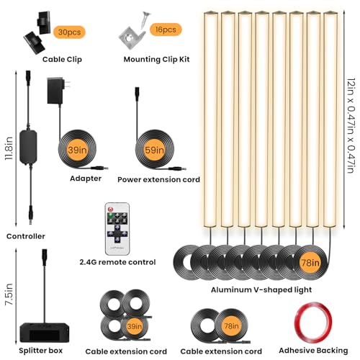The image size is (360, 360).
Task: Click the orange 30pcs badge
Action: [69, 32]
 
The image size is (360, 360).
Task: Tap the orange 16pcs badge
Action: [166, 30]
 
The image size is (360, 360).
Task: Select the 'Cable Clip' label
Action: [62, 60]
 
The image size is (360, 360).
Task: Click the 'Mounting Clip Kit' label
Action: [156, 59]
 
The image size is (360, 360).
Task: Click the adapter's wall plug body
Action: [55, 91]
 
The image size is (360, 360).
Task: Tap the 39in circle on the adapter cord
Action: [77, 150]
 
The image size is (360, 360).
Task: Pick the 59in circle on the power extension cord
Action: [154, 150]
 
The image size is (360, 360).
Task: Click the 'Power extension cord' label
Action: [158, 179]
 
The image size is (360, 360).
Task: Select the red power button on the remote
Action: [111, 209]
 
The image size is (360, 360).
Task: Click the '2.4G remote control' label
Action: [117, 262]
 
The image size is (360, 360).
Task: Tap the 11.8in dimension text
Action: [9, 148]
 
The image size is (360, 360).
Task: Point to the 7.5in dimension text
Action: [9, 294]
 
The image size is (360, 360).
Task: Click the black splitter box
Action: [45, 333]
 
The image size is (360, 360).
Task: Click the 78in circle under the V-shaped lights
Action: [310, 263]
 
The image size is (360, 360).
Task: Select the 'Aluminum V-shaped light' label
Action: [261, 290]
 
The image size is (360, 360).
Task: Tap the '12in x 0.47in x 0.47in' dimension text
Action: [351, 125]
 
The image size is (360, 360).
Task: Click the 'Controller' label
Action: [26, 236]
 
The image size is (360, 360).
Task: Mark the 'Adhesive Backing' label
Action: [313, 351]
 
